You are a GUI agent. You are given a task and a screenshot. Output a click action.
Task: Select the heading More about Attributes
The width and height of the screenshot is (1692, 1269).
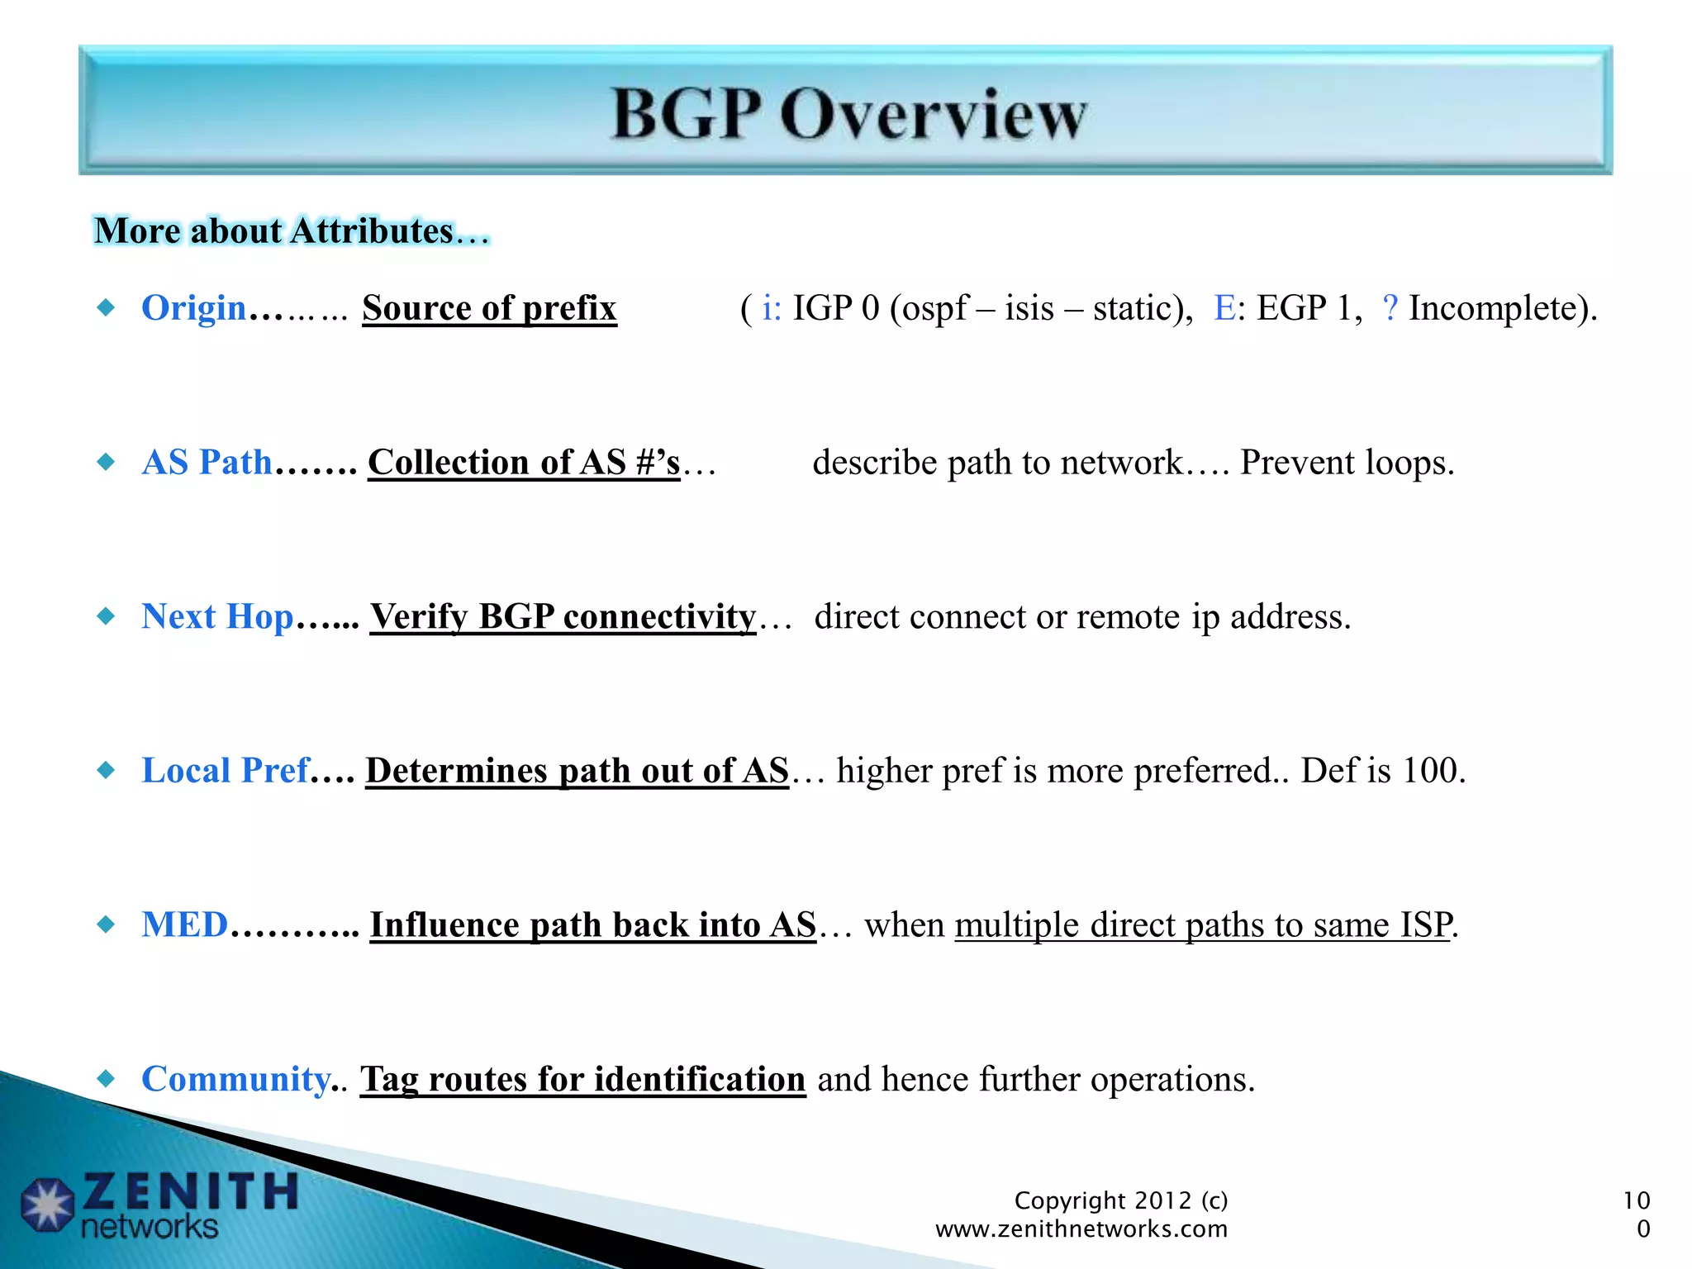[x=291, y=231]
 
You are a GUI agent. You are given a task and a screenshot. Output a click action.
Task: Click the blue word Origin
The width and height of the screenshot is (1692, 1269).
[x=194, y=308]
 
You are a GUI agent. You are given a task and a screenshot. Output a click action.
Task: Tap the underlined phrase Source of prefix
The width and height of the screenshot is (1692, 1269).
[x=489, y=309]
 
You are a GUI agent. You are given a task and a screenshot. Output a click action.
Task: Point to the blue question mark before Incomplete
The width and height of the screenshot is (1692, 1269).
[x=1390, y=308]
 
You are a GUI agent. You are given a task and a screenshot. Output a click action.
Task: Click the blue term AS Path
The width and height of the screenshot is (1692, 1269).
[x=207, y=463]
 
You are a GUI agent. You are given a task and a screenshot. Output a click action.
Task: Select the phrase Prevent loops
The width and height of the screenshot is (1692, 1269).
[x=1347, y=463]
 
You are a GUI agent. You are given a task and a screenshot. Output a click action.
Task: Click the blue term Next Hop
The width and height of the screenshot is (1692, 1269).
[x=217, y=617]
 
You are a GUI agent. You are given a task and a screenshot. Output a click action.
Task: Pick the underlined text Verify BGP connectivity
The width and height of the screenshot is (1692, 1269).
[x=563, y=617]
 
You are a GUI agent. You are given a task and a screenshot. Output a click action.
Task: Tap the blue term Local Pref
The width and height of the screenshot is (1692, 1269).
[x=226, y=771]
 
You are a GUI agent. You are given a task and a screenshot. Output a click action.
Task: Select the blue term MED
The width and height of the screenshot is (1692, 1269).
[x=184, y=925]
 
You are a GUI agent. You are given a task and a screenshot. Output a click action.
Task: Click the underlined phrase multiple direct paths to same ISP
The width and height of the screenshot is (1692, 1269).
[x=1203, y=925]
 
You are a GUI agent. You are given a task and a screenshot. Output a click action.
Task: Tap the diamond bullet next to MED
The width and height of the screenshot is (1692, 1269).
[x=106, y=924]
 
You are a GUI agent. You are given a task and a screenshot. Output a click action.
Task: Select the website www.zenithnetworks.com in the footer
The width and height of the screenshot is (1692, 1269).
[x=1081, y=1229]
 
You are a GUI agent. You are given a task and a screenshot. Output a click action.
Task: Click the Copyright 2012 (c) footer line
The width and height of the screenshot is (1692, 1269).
[x=1120, y=1200]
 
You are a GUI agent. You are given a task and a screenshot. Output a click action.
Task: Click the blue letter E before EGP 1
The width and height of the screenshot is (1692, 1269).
[x=1224, y=308]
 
